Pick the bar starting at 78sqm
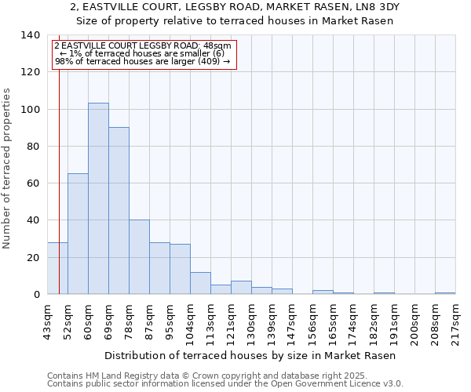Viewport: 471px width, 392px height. click(x=139, y=256)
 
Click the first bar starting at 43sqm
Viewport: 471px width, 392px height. click(x=57, y=268)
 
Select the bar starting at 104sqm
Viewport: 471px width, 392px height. click(x=200, y=283)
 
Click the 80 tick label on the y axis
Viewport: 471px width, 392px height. click(x=33, y=147)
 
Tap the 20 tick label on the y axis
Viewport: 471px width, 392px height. click(x=33, y=258)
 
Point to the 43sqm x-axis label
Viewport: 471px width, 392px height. click(x=47, y=321)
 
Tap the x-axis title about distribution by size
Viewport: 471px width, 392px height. click(x=250, y=356)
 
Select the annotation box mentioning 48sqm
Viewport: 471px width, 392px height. click(x=143, y=53)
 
